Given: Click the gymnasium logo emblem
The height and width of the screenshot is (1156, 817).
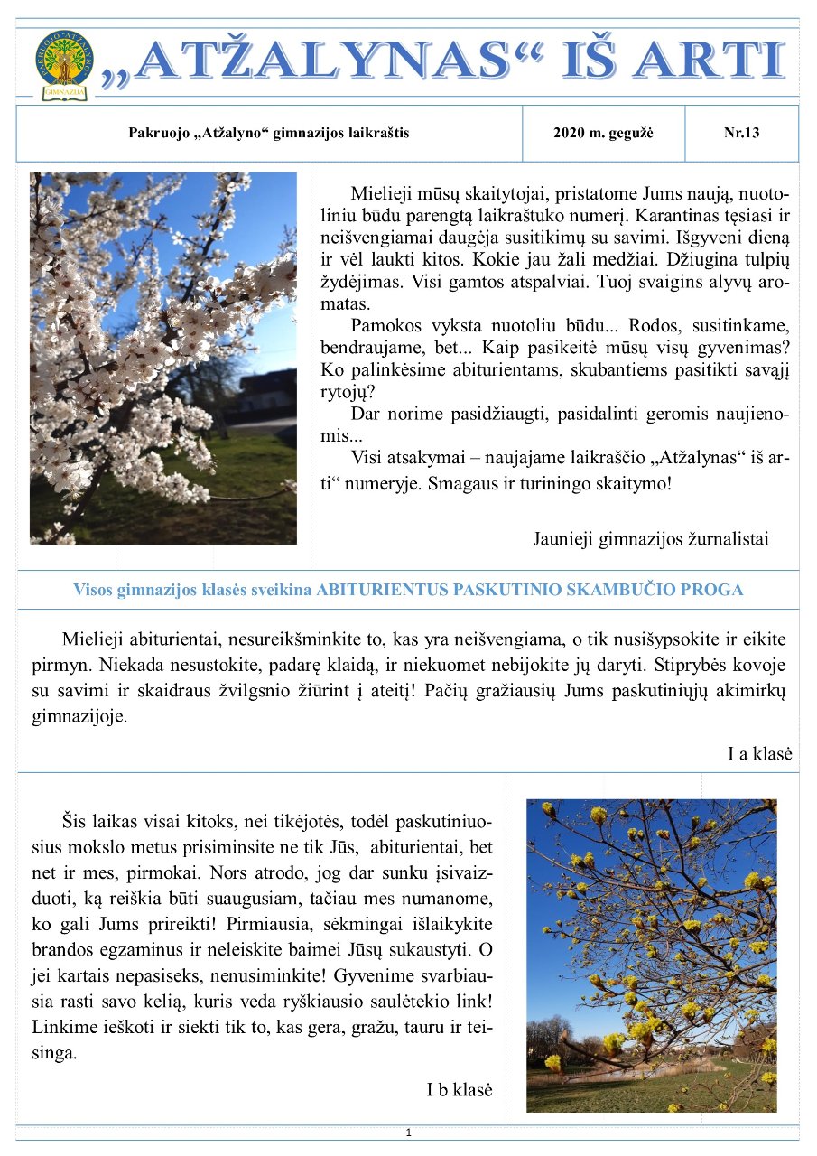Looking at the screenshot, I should [63, 64].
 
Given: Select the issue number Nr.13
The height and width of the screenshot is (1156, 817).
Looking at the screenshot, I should [741, 134].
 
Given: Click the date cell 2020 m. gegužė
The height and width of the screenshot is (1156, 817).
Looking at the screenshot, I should [603, 134].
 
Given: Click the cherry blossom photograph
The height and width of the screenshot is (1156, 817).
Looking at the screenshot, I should [163, 358].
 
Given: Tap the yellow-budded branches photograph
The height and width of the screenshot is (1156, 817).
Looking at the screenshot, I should [651, 956].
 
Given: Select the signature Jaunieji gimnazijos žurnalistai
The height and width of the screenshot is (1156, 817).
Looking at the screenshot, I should [651, 539].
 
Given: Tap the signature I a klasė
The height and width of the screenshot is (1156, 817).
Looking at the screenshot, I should [759, 753].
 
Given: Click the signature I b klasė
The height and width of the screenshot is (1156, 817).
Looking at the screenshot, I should [460, 1089].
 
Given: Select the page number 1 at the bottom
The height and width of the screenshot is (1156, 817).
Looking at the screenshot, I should [409, 1133].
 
